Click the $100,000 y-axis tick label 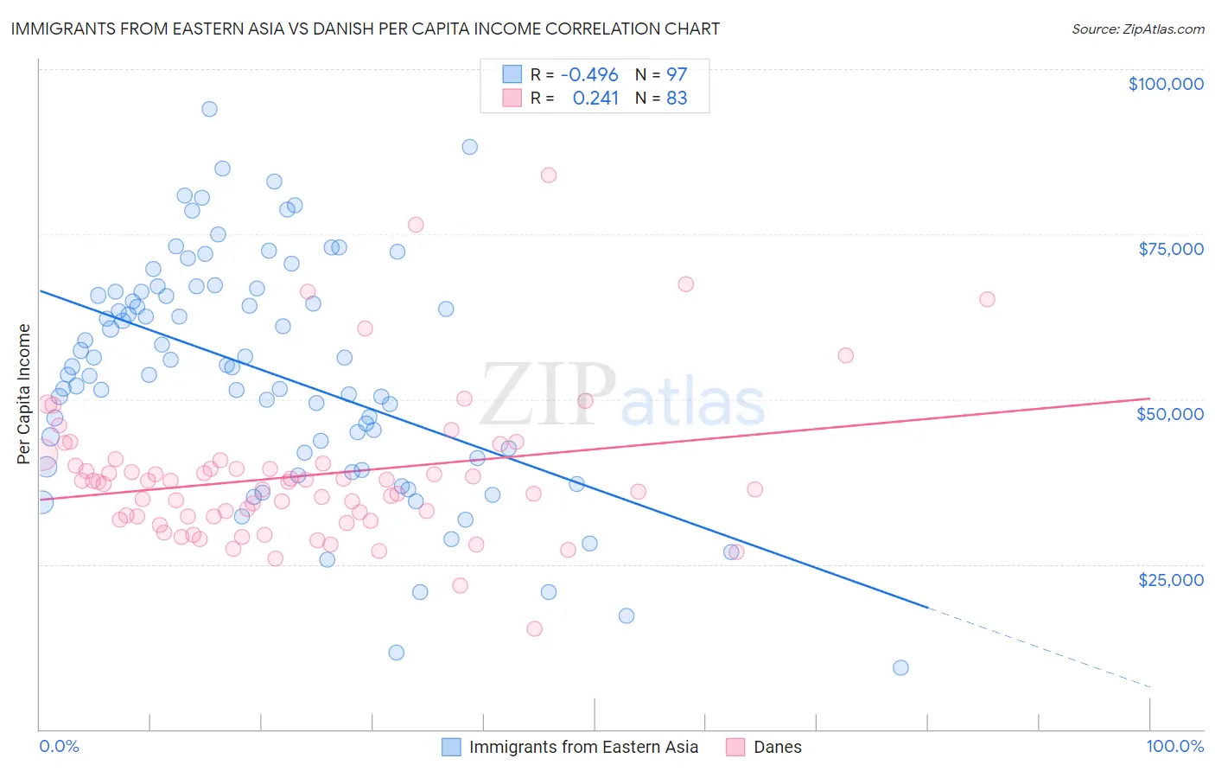(1166, 84)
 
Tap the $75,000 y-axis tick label (1171, 249)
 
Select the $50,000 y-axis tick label (1170, 414)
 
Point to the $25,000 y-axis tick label (1171, 579)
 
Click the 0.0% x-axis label (59, 746)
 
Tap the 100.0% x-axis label (1175, 746)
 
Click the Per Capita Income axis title (24, 393)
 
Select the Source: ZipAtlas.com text (1138, 29)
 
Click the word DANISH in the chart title (408, 29)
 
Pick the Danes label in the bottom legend (778, 747)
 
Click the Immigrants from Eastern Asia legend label (583, 747)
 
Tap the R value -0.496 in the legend (589, 74)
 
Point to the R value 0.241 (595, 99)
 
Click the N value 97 (677, 74)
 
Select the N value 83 (677, 99)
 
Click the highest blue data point (209, 109)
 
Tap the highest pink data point (549, 175)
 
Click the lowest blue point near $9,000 (900, 667)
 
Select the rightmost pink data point (987, 299)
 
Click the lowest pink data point (535, 628)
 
